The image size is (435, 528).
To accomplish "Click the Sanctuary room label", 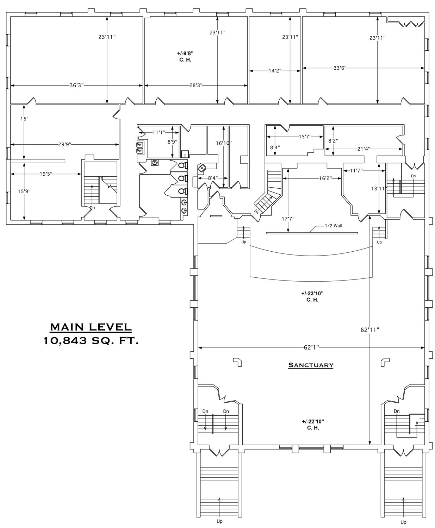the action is click(x=311, y=365).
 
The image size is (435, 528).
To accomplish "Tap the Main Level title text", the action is click(x=91, y=327).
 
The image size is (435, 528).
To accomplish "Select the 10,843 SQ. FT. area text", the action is click(x=91, y=341).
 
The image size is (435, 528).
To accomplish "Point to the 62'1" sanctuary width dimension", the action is click(x=311, y=347).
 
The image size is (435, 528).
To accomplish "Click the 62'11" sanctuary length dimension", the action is click(x=370, y=330).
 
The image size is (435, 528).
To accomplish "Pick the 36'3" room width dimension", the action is click(x=76, y=86).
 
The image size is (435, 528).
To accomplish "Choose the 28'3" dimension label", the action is click(x=196, y=86).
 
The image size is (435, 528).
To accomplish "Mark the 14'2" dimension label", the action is click(x=275, y=71).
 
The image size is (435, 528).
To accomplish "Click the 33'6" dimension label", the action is click(x=340, y=68).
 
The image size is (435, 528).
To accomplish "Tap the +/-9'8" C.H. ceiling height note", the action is click(x=185, y=57).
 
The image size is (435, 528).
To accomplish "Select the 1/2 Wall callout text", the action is click(x=333, y=226).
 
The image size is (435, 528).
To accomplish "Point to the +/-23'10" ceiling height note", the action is click(x=312, y=296).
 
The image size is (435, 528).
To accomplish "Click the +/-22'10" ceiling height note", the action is click(x=313, y=425).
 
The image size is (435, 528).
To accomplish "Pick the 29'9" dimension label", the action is click(x=65, y=144).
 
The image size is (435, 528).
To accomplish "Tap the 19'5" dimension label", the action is click(x=46, y=174).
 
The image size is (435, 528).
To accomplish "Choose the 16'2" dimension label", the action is click(x=325, y=178).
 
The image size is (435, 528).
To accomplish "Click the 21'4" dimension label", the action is click(x=363, y=149).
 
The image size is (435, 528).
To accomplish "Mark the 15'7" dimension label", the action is click(x=305, y=137).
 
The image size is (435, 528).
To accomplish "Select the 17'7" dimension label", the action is click(x=288, y=219).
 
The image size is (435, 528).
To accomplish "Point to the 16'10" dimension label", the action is click(x=224, y=143).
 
